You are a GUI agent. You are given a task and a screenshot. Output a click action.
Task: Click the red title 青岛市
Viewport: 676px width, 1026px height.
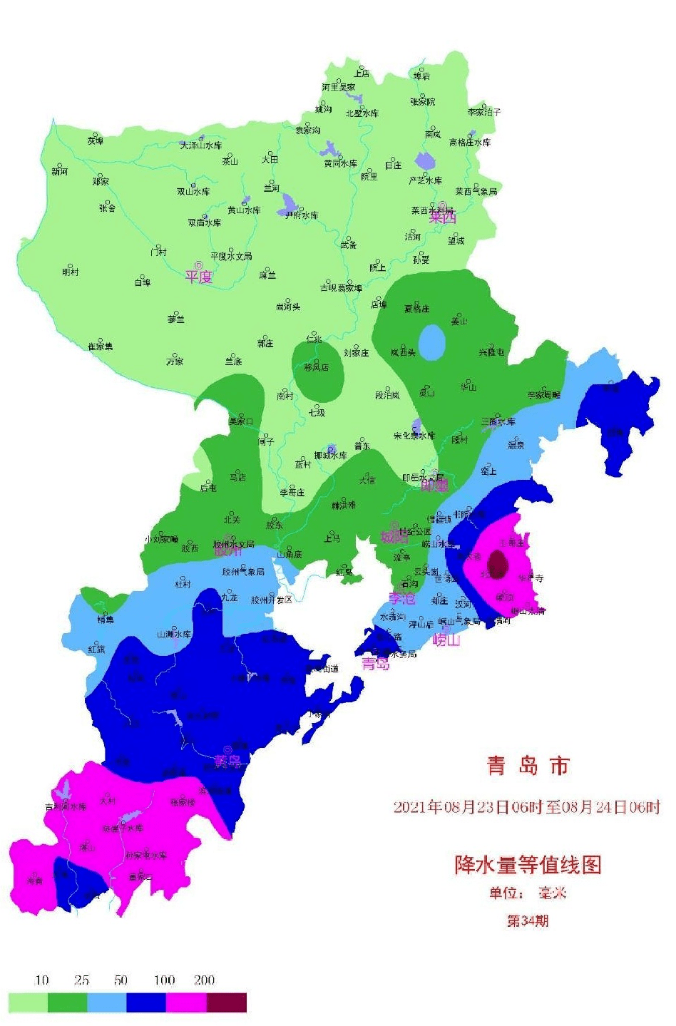(528, 766)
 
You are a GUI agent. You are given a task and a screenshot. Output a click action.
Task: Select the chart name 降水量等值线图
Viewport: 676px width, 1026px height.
(528, 864)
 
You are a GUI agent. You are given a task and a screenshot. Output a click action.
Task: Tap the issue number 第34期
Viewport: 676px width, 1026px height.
(528, 920)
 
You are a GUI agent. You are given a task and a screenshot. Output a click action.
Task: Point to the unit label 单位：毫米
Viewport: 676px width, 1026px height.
(528, 893)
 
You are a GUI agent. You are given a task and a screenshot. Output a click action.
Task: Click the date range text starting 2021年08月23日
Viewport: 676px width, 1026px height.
(527, 807)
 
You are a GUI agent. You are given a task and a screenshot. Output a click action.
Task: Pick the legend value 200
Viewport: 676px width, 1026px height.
(205, 980)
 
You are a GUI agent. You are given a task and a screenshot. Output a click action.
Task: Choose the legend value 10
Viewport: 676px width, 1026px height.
(42, 980)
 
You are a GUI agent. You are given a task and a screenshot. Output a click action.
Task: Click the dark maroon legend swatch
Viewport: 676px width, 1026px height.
(227, 1002)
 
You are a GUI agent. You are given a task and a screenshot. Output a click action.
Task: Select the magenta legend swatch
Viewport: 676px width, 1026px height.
(186, 1002)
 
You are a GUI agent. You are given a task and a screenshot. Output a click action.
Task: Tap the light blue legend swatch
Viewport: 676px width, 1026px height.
(107, 1002)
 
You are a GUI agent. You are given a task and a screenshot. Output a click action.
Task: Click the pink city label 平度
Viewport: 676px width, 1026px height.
(199, 277)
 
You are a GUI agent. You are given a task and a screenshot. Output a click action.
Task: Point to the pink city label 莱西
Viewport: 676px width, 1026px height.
(442, 217)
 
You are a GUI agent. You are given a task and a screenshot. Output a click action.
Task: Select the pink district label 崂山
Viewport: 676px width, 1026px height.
(446, 640)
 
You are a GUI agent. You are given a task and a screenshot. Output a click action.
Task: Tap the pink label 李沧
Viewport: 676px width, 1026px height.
(401, 597)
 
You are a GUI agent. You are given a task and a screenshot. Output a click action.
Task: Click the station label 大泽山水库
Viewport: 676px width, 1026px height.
(200, 145)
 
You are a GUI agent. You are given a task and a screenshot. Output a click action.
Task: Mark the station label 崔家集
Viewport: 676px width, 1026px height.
(100, 347)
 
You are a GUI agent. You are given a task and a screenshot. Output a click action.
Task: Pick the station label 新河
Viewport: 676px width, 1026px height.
(59, 172)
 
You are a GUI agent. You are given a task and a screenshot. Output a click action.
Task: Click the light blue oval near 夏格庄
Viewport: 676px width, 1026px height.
(431, 343)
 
